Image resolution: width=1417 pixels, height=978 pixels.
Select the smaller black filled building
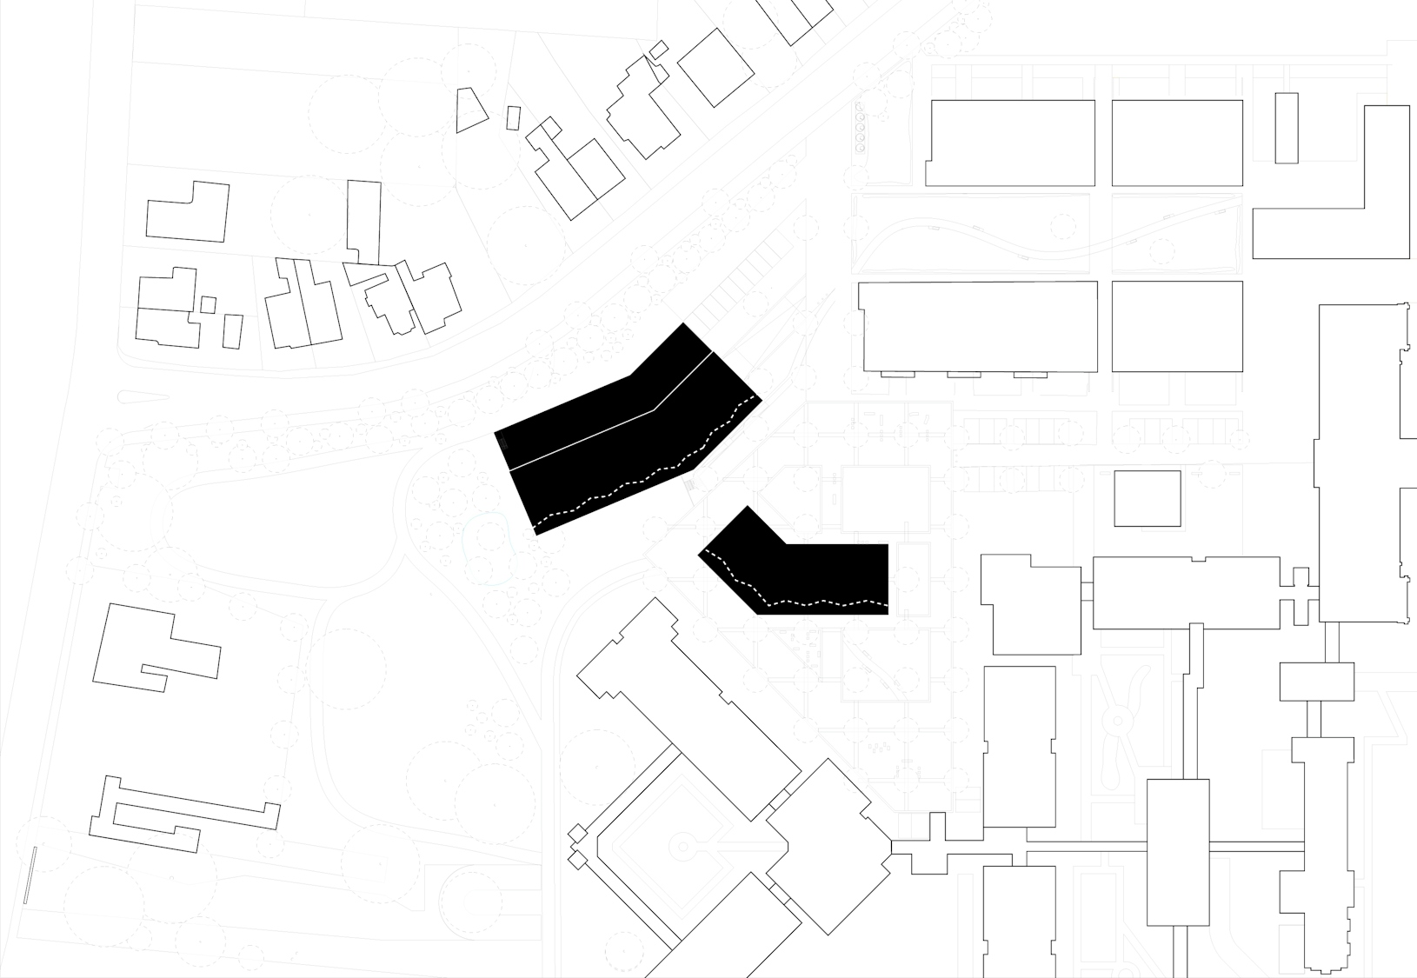808,569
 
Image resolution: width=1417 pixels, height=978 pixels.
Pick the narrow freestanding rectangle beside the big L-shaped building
1287,128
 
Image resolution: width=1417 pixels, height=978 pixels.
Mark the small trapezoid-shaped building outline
469,110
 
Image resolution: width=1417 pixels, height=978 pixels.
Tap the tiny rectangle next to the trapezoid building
513,118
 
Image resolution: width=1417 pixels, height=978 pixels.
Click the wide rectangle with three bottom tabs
978,326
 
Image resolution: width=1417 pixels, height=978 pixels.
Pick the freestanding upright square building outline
1148,499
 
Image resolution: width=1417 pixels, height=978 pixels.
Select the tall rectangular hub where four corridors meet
1178,852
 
